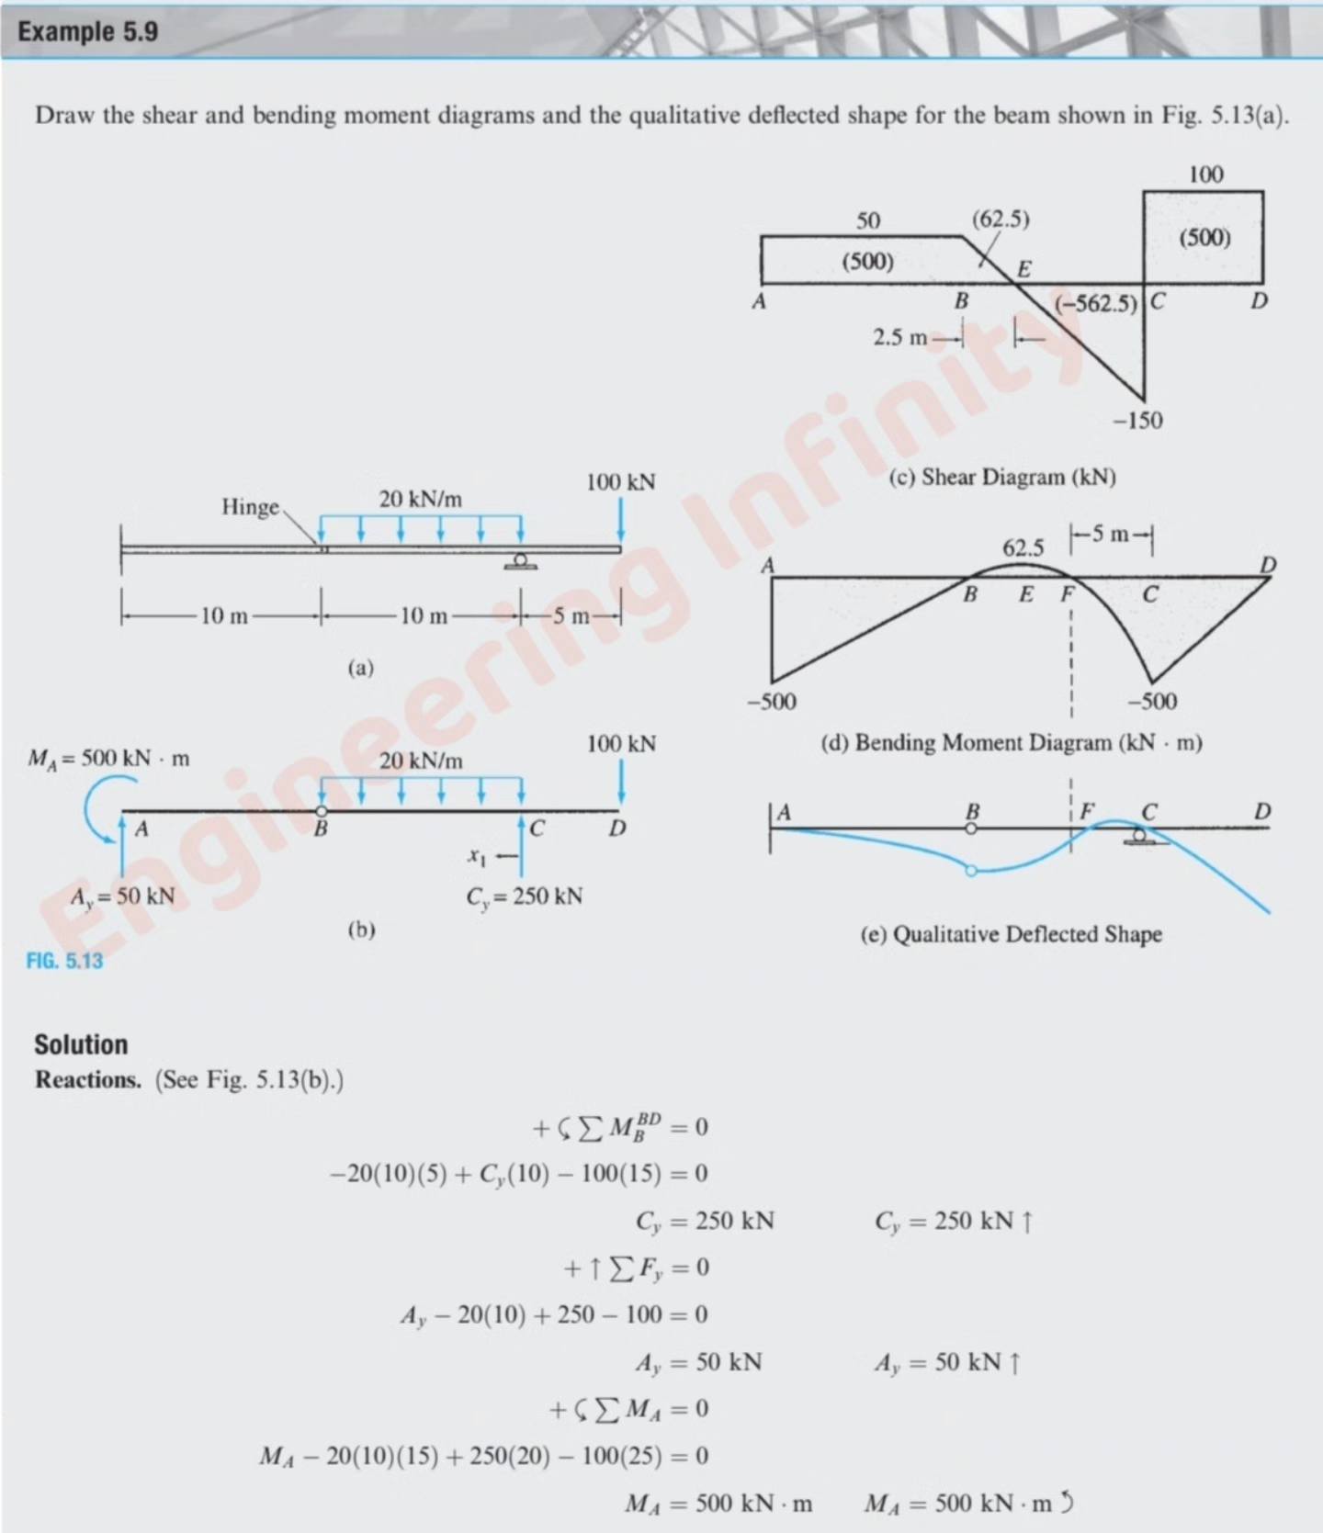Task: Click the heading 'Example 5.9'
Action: coord(88,31)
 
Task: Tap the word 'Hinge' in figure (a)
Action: coord(250,506)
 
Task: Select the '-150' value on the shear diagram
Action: coord(1137,421)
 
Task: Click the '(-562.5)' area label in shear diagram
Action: coord(1095,303)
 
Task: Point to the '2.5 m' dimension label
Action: coord(900,337)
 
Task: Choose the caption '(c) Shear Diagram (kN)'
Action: coord(1002,477)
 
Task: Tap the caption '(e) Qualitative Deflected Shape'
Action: coord(1012,934)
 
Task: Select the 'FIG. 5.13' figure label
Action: coord(64,961)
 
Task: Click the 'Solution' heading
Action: coord(81,1044)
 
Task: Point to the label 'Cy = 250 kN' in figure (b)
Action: coord(524,896)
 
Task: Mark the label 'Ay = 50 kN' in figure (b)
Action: coord(122,896)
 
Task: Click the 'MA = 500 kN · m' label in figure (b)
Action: coord(108,759)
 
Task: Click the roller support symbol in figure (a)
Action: coord(520,561)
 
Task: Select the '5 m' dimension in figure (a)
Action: coord(571,615)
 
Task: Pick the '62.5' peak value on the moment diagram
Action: coord(1023,548)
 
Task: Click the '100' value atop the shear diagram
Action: coord(1205,175)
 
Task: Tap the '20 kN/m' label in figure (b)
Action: coord(421,761)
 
